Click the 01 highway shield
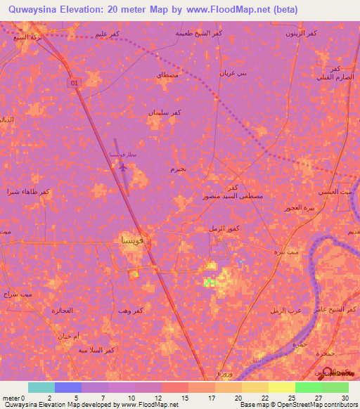click(74, 83)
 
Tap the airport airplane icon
click(123, 167)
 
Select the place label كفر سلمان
click(166, 112)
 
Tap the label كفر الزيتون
click(300, 33)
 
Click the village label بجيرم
click(178, 169)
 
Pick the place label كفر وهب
click(150, 310)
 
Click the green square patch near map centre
click(209, 283)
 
